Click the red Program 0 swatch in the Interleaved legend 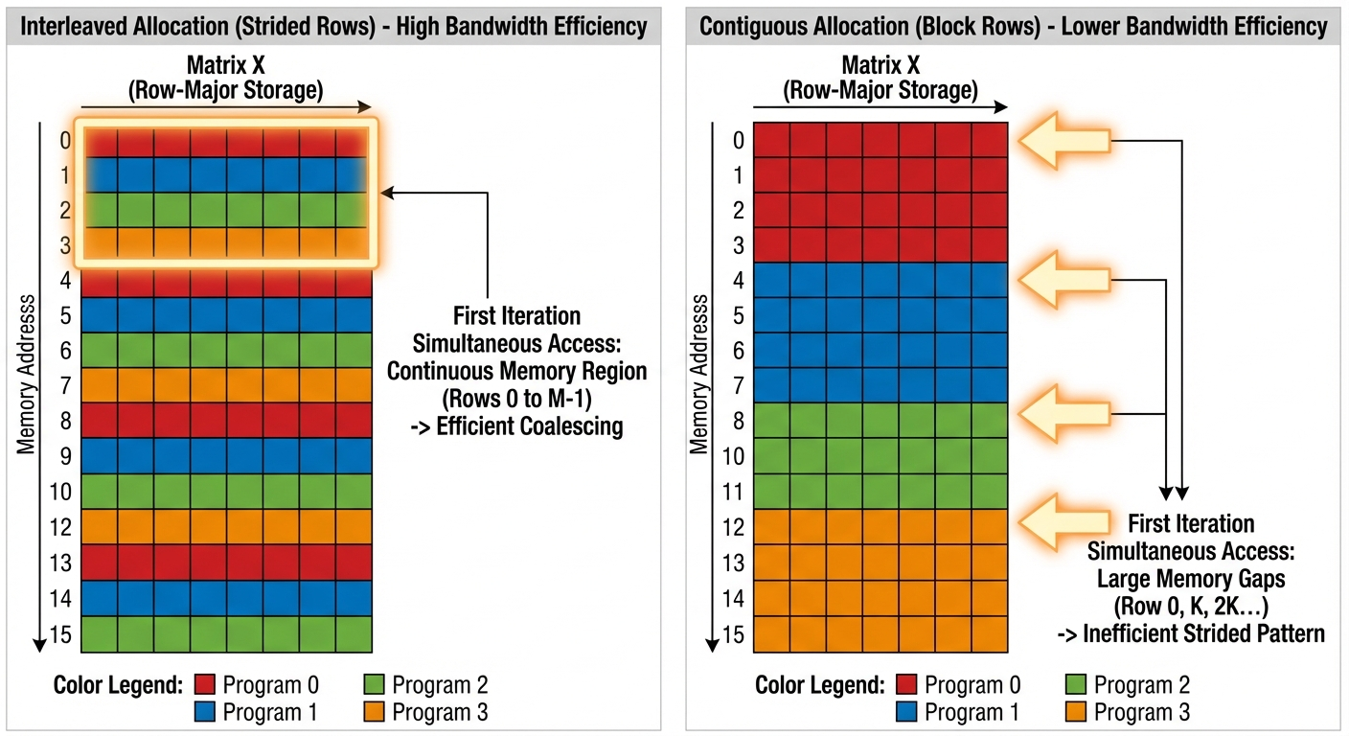click(x=205, y=685)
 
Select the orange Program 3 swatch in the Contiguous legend click(x=1077, y=712)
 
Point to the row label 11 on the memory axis click(x=732, y=492)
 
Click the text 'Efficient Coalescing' click(x=529, y=426)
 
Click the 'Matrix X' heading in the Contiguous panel click(x=880, y=66)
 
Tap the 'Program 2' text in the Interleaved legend click(x=440, y=685)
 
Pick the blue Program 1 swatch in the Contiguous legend click(x=907, y=712)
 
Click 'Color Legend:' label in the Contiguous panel click(x=819, y=685)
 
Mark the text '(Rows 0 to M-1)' click(x=516, y=399)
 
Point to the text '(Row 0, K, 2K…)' click(x=1191, y=606)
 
